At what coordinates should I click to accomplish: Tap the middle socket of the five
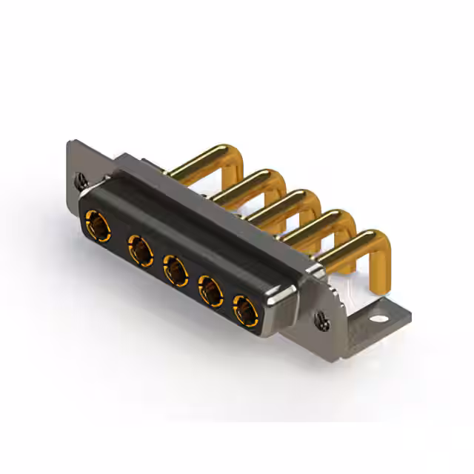pos(176,272)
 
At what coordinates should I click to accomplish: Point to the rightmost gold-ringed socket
pos(244,311)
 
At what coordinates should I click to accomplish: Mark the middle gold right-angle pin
pos(278,204)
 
